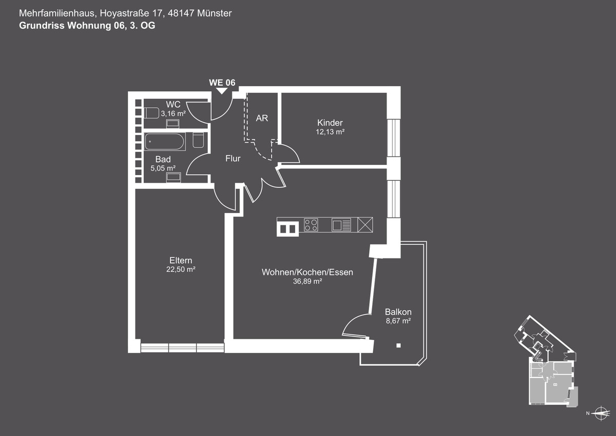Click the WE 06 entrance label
tap(222, 83)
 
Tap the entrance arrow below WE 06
tap(222, 91)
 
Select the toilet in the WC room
tap(151, 113)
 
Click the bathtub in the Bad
tap(165, 142)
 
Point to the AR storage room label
tap(262, 118)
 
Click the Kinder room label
tap(330, 123)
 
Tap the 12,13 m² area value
tap(330, 132)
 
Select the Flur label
tap(233, 159)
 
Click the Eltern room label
tap(181, 260)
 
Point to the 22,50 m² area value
tap(181, 269)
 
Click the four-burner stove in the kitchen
tap(311, 225)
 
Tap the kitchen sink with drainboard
tap(341, 225)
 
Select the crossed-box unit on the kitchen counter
tap(365, 225)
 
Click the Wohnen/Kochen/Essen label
tap(307, 272)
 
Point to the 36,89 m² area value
tap(307, 281)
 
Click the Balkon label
tap(398, 312)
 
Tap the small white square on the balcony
tap(398, 346)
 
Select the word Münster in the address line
tap(214, 13)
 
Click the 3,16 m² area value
tap(174, 113)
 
